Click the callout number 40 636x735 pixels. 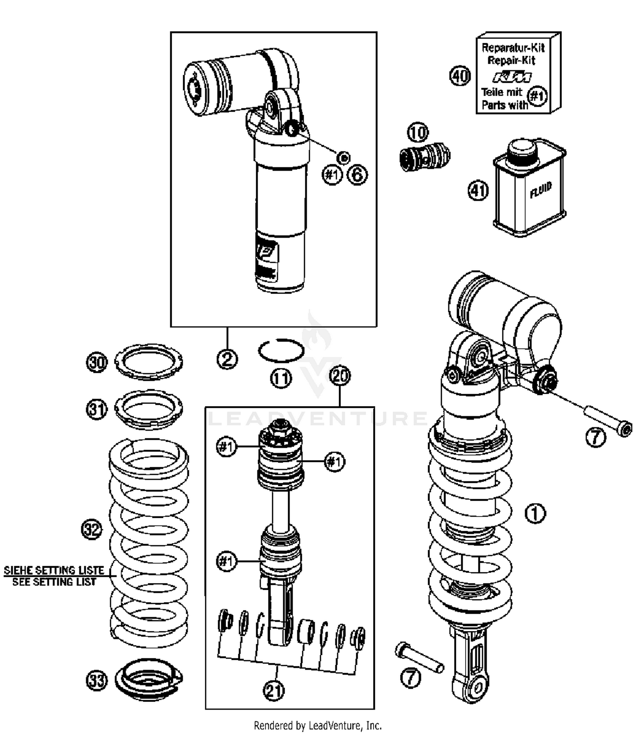pyautogui.click(x=460, y=76)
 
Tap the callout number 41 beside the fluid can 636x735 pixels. pyautogui.click(x=478, y=191)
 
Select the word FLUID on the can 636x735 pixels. pyautogui.click(x=541, y=190)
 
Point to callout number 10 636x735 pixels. pyautogui.click(x=418, y=133)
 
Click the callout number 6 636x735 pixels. pyautogui.click(x=357, y=174)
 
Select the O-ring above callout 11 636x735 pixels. pyautogui.click(x=281, y=351)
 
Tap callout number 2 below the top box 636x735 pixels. pyautogui.click(x=227, y=359)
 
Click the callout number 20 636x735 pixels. pyautogui.click(x=340, y=376)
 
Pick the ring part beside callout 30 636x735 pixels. pyautogui.click(x=149, y=362)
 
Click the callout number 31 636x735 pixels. pyautogui.click(x=97, y=410)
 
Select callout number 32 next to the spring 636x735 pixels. pyautogui.click(x=92, y=530)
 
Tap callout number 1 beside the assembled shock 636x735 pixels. pyautogui.click(x=536, y=514)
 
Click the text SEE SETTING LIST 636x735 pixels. pyautogui.click(x=54, y=582)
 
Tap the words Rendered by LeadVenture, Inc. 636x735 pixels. pyautogui.click(x=318, y=725)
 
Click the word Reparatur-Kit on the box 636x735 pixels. pyautogui.click(x=513, y=48)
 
